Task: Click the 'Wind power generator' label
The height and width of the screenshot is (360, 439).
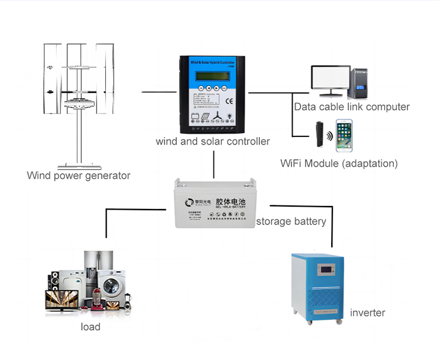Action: (78, 176)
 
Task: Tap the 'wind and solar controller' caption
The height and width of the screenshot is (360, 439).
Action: (212, 141)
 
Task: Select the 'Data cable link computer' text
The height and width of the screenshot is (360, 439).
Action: (352, 107)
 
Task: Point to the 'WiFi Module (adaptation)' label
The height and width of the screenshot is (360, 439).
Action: (339, 164)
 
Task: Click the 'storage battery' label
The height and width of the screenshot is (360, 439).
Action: (291, 221)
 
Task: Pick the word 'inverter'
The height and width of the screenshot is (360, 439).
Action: (368, 313)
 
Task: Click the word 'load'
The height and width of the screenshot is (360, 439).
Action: (91, 327)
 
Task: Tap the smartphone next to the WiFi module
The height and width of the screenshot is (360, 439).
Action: (344, 136)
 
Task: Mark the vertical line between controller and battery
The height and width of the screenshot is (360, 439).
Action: (215, 164)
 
